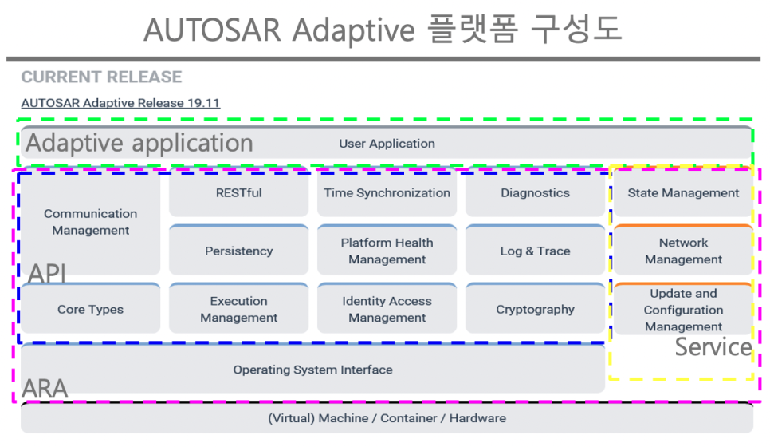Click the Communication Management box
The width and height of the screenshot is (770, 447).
pyautogui.click(x=90, y=222)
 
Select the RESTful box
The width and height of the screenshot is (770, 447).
pyautogui.click(x=238, y=193)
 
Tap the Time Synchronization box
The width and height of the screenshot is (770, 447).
pyautogui.click(x=387, y=193)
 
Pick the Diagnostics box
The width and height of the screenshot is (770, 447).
pyautogui.click(x=535, y=193)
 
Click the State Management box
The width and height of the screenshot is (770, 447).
pyautogui.click(x=683, y=193)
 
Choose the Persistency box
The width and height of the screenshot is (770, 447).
pyautogui.click(x=238, y=251)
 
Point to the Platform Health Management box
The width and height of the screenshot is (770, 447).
pyautogui.click(x=387, y=251)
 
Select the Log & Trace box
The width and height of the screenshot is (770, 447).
pyautogui.click(x=535, y=251)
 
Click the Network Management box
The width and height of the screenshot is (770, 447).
pyautogui.click(x=683, y=251)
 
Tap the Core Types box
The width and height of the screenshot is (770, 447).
pyautogui.click(x=90, y=310)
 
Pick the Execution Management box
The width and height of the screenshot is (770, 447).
pyautogui.click(x=238, y=310)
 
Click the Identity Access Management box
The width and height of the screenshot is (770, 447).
pyautogui.click(x=387, y=310)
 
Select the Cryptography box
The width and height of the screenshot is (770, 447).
pyautogui.click(x=535, y=310)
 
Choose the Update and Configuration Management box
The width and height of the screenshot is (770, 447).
pyautogui.click(x=683, y=310)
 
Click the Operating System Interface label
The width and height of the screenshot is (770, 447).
pyautogui.click(x=312, y=370)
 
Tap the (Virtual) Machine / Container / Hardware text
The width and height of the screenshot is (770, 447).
pyautogui.click(x=387, y=418)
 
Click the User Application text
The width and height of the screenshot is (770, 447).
pyautogui.click(x=387, y=144)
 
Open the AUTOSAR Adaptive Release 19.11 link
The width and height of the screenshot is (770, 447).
pyautogui.click(x=120, y=103)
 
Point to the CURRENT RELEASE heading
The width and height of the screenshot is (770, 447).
pyautogui.click(x=101, y=77)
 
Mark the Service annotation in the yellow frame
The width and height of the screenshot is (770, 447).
pyautogui.click(x=713, y=347)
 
